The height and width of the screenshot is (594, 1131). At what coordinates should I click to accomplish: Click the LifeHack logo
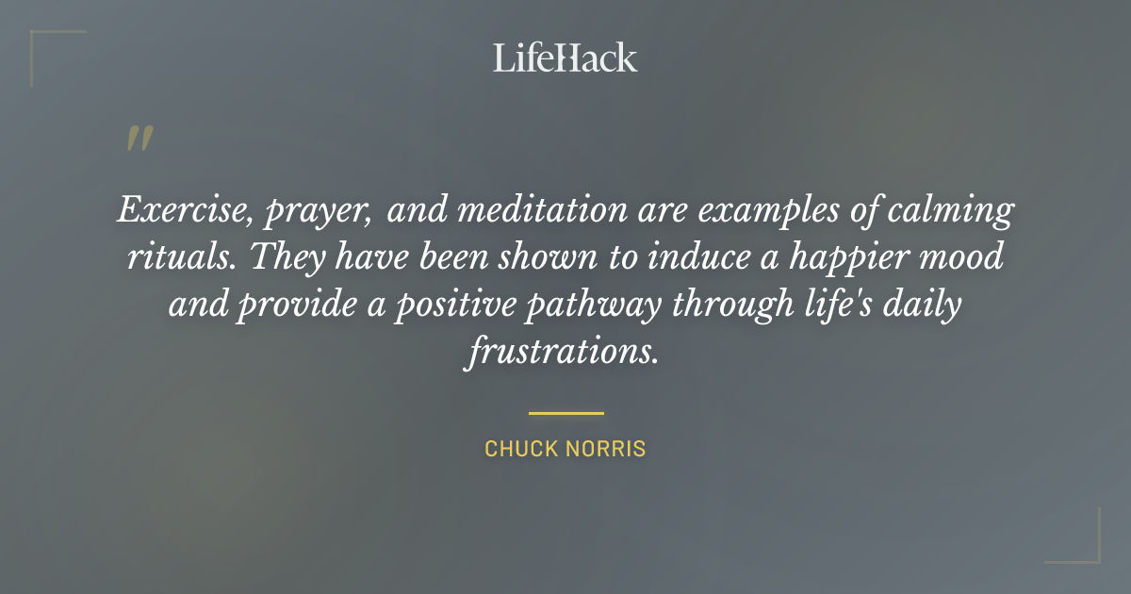click(x=565, y=58)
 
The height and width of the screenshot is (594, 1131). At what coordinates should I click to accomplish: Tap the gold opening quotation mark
click(x=139, y=139)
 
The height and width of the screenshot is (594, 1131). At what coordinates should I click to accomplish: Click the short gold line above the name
click(x=565, y=413)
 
